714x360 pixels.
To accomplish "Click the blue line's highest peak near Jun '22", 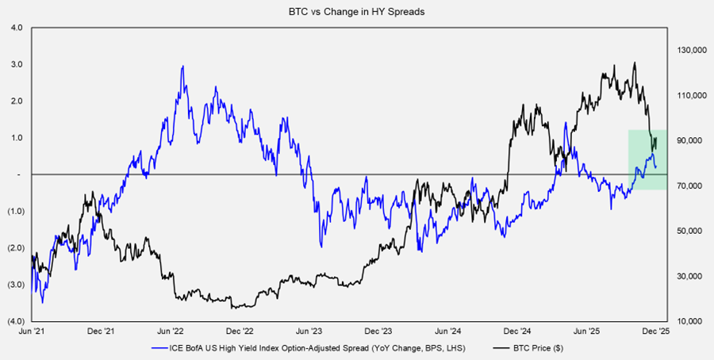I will [x=183, y=67].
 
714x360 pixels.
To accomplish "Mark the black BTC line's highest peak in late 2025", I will [x=635, y=63].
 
